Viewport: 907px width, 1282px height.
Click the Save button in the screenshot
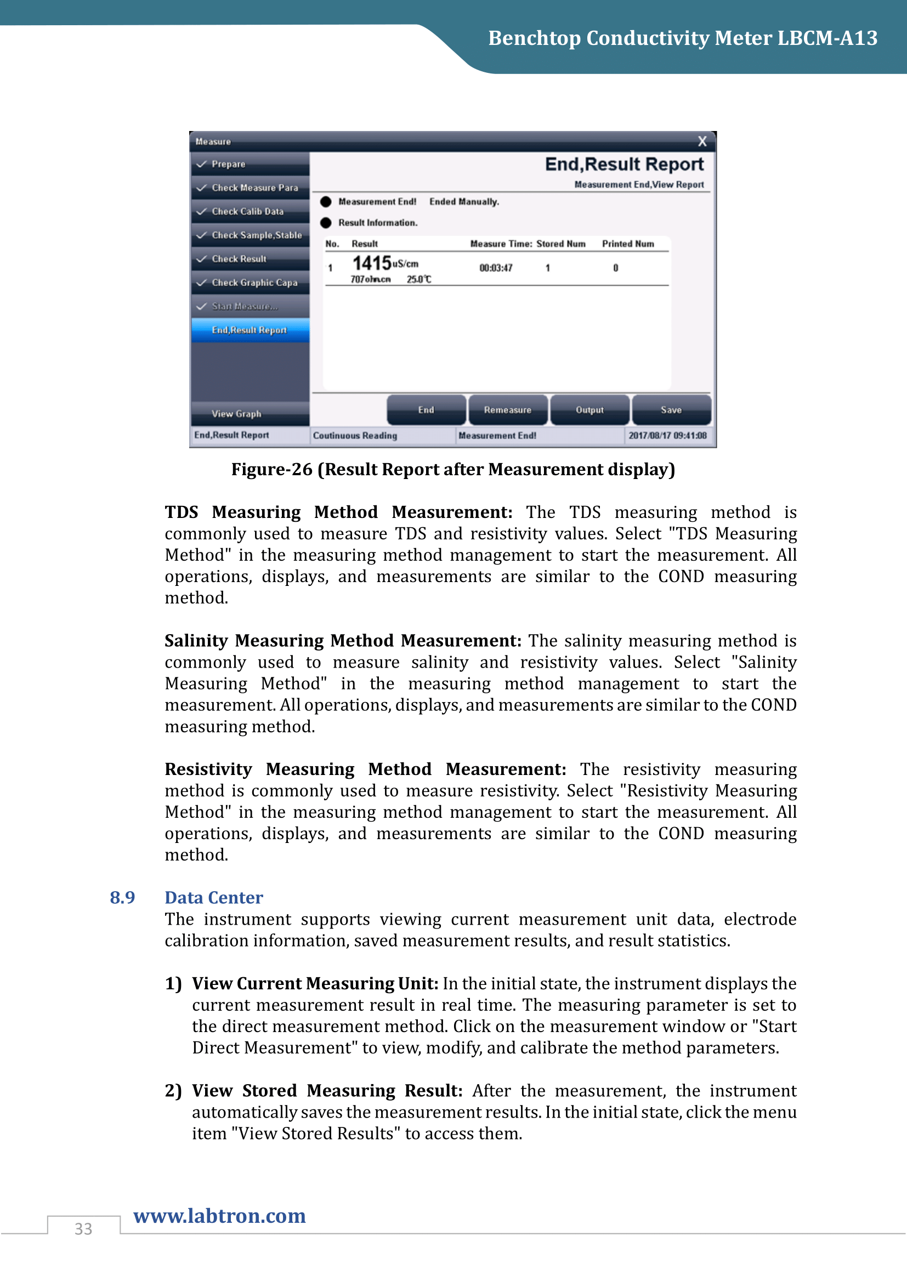671,410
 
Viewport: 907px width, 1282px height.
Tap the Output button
589,410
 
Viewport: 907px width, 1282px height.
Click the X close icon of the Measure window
702,141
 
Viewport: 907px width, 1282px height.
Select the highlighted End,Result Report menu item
250,330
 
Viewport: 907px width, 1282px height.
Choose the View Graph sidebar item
236,414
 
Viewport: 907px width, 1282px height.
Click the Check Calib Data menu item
247,212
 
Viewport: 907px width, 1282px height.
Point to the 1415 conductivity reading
372,263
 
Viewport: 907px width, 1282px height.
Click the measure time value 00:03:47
496,268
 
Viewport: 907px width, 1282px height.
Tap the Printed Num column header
628,244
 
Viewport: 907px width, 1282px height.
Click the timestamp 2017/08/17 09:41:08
667,436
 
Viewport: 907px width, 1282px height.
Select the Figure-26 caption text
453,470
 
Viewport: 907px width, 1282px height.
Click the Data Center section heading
213,898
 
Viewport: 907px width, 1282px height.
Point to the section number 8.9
122,898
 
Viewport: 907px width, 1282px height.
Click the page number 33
83,1229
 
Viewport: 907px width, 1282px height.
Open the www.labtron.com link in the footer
219,1216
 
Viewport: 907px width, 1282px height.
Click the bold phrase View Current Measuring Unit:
315,984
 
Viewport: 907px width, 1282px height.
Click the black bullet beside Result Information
326,223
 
